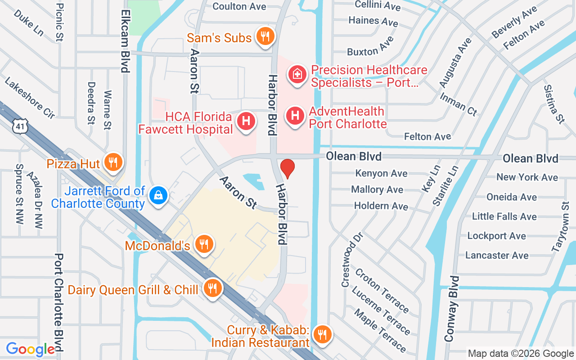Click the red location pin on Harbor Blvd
coord(287,168)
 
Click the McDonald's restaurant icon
coord(204,244)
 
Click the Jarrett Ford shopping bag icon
coord(158,195)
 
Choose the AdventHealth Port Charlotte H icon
coord(295,116)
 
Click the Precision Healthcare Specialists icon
coord(297,74)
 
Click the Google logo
coord(30,349)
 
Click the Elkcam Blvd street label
coord(125,41)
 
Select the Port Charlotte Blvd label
coord(58,302)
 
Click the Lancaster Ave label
coord(497,255)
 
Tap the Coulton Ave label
coord(239,6)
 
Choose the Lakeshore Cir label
coord(30,98)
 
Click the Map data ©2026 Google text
coord(520,354)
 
